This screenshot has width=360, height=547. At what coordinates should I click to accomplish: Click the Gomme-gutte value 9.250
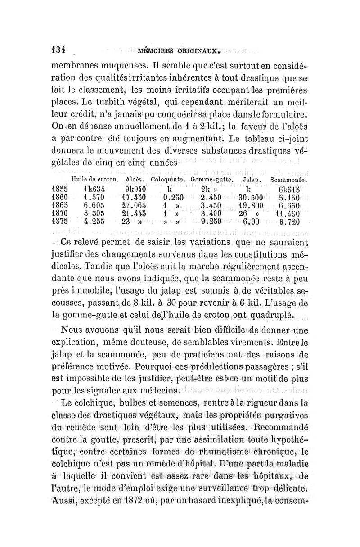(211, 222)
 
